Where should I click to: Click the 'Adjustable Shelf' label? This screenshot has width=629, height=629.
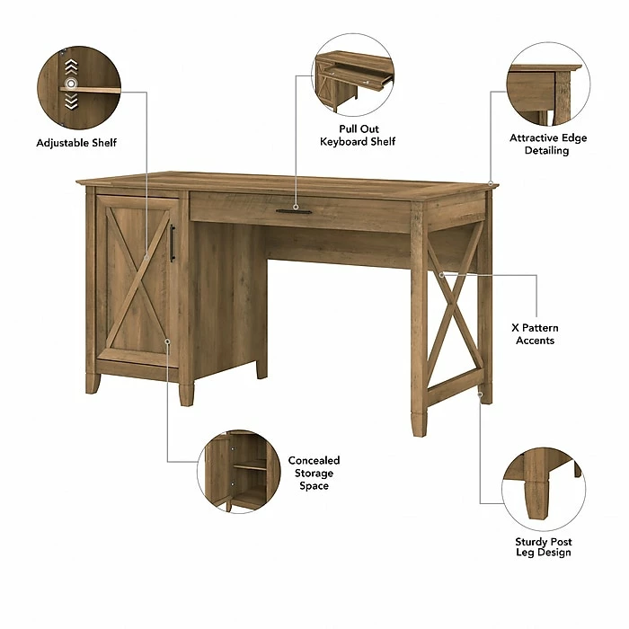pos(76,143)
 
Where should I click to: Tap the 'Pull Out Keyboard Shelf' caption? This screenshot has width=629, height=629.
pos(358,136)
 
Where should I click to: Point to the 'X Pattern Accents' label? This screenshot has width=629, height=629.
pos(536,334)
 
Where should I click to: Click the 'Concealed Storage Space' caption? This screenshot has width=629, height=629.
pos(314,474)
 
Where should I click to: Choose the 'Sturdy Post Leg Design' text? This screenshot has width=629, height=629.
pos(543,547)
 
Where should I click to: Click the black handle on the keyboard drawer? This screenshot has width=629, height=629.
pos(294,212)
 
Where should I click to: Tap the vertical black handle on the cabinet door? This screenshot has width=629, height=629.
pos(173,243)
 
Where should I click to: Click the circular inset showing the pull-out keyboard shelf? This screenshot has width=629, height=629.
pos(352,75)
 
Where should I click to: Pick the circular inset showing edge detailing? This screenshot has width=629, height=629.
pos(545,87)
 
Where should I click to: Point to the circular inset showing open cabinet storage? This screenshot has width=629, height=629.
pos(237,470)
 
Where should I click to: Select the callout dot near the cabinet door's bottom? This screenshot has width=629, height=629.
pos(167,341)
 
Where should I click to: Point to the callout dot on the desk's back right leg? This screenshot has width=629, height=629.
pos(481,394)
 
